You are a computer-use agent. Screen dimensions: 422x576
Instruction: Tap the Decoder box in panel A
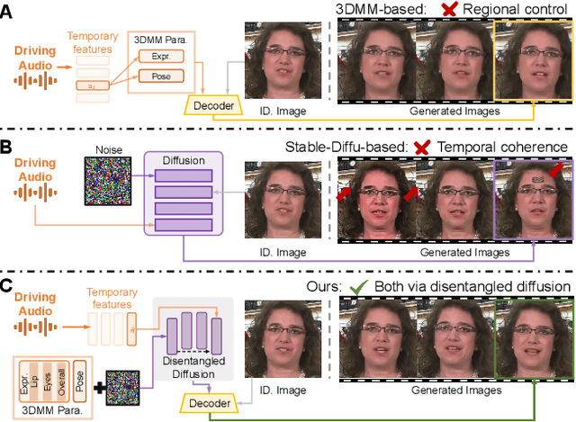coord(213,107)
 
